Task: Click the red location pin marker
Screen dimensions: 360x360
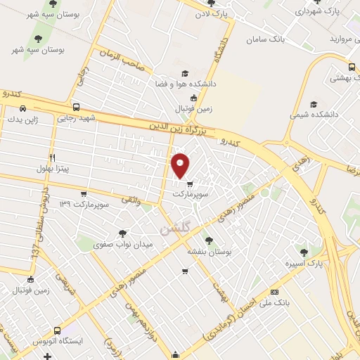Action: (x=181, y=165)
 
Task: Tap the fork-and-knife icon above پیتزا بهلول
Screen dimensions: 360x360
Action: (x=52, y=157)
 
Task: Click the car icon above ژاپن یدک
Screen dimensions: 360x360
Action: (x=23, y=108)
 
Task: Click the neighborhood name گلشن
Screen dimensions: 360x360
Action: (x=175, y=229)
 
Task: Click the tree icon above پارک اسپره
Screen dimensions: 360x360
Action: (x=304, y=252)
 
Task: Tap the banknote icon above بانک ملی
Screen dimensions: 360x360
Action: (x=274, y=292)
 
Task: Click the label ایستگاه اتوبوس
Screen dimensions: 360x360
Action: (x=78, y=340)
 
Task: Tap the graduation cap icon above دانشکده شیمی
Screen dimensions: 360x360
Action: (x=314, y=103)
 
